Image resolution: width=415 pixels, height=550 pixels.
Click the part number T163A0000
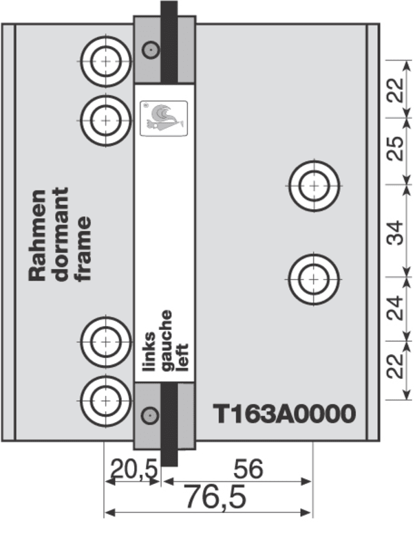click(x=284, y=414)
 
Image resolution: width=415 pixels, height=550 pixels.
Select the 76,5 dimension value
click(x=215, y=498)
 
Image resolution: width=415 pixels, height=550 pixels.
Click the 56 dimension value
click(x=248, y=470)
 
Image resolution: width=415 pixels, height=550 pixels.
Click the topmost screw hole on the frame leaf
click(x=105, y=60)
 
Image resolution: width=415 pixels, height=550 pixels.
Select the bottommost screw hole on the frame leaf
click(x=105, y=398)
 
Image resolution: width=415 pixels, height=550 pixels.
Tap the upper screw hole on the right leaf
click(x=314, y=185)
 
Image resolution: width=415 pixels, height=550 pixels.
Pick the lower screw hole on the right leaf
click(x=314, y=278)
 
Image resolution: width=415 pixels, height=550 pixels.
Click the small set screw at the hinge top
click(x=149, y=49)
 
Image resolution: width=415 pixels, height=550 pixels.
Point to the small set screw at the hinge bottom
click(x=149, y=415)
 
